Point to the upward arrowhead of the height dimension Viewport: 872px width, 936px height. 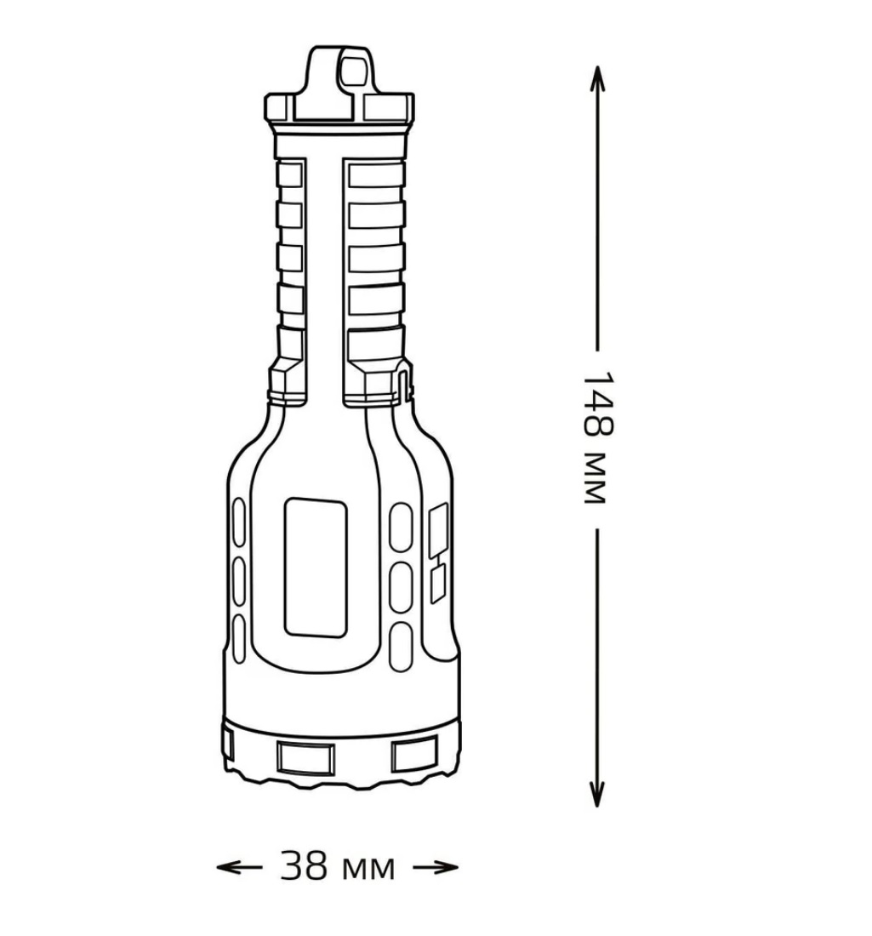tap(597, 77)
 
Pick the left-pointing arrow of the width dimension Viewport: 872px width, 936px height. tap(238, 868)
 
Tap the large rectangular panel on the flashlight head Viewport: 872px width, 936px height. tap(315, 567)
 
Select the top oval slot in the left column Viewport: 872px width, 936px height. tap(239, 521)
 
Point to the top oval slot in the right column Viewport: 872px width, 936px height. tap(400, 524)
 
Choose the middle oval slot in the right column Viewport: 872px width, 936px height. tap(400, 585)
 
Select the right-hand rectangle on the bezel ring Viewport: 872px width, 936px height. tap(413, 754)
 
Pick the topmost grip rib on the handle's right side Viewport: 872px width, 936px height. tap(376, 174)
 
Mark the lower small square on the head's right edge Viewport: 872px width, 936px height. tap(437, 585)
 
